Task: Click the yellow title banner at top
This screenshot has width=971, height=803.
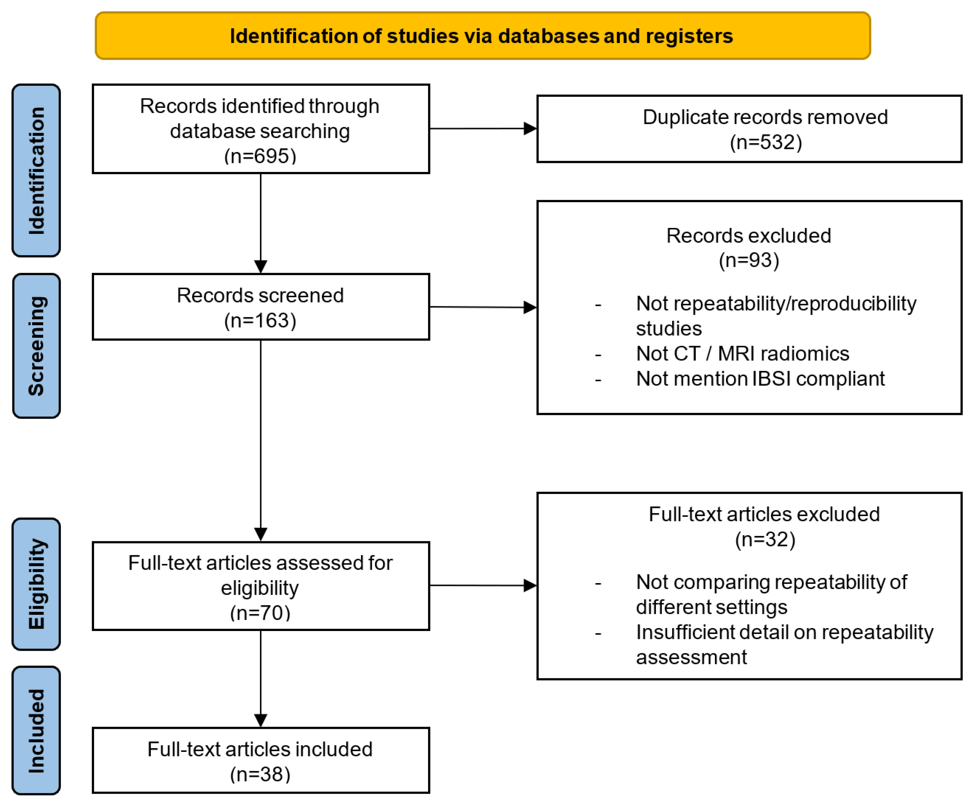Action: pyautogui.click(x=482, y=36)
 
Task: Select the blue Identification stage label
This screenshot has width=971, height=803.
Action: pyautogui.click(x=36, y=170)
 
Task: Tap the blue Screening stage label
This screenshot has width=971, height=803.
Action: pyautogui.click(x=36, y=346)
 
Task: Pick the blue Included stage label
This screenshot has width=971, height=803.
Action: pyautogui.click(x=36, y=730)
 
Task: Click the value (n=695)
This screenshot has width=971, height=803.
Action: pyautogui.click(x=260, y=156)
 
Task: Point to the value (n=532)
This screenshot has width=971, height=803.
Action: pyautogui.click(x=765, y=142)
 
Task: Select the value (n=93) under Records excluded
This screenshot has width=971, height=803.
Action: pyautogui.click(x=749, y=260)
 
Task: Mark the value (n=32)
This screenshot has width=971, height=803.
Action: pyautogui.click(x=765, y=539)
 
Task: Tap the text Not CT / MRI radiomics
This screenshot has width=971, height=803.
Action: pyautogui.click(x=742, y=353)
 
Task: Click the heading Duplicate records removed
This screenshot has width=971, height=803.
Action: pyautogui.click(x=765, y=117)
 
